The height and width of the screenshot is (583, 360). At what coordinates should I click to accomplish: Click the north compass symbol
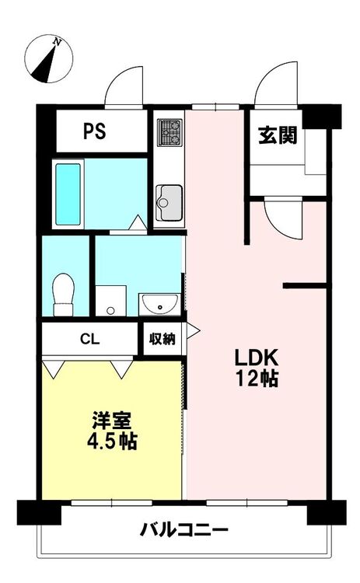point(48,59)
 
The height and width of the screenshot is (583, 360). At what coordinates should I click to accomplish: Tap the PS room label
point(94,131)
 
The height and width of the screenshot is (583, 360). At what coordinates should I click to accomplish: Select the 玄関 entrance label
point(278,135)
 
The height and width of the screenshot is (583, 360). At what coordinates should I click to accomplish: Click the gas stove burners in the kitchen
point(170,132)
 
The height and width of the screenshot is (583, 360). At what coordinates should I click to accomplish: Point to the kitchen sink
point(170,203)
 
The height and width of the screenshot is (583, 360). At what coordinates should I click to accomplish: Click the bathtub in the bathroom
point(68,194)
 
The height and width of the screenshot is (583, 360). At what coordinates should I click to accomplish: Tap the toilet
point(64,295)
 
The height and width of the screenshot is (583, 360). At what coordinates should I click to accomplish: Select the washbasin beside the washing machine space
point(160,304)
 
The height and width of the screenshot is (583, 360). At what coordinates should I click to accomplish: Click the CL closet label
point(90,339)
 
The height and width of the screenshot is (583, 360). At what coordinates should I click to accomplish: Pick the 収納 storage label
point(163,339)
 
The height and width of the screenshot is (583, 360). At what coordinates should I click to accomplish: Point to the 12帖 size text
point(257,379)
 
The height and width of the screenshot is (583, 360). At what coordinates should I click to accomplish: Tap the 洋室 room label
point(111,421)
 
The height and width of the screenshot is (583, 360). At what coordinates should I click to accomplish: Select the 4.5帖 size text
point(112,442)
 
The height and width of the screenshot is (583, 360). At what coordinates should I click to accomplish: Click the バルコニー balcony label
point(183,529)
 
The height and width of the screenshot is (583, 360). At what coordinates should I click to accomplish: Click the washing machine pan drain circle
point(110,310)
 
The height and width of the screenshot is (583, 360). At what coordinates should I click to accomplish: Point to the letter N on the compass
point(57,42)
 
